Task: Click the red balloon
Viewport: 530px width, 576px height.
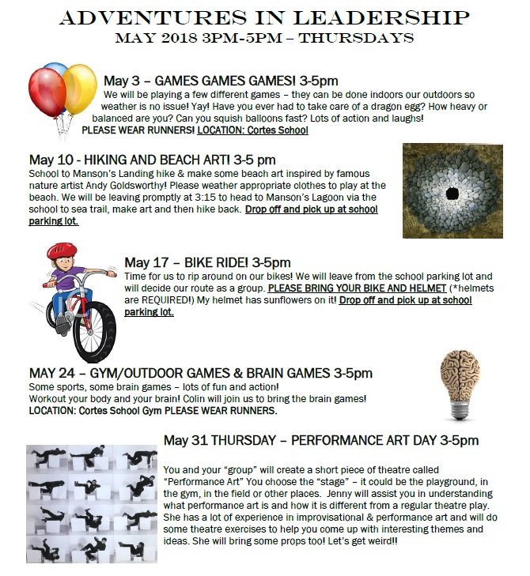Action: [x=46, y=92]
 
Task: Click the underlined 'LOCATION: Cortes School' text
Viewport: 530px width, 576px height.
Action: [x=252, y=130]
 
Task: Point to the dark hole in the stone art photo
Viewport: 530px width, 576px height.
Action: [x=452, y=193]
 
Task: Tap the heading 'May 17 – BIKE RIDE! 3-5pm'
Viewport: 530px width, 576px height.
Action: [x=207, y=262]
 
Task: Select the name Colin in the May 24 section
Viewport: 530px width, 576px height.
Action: [x=203, y=399]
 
